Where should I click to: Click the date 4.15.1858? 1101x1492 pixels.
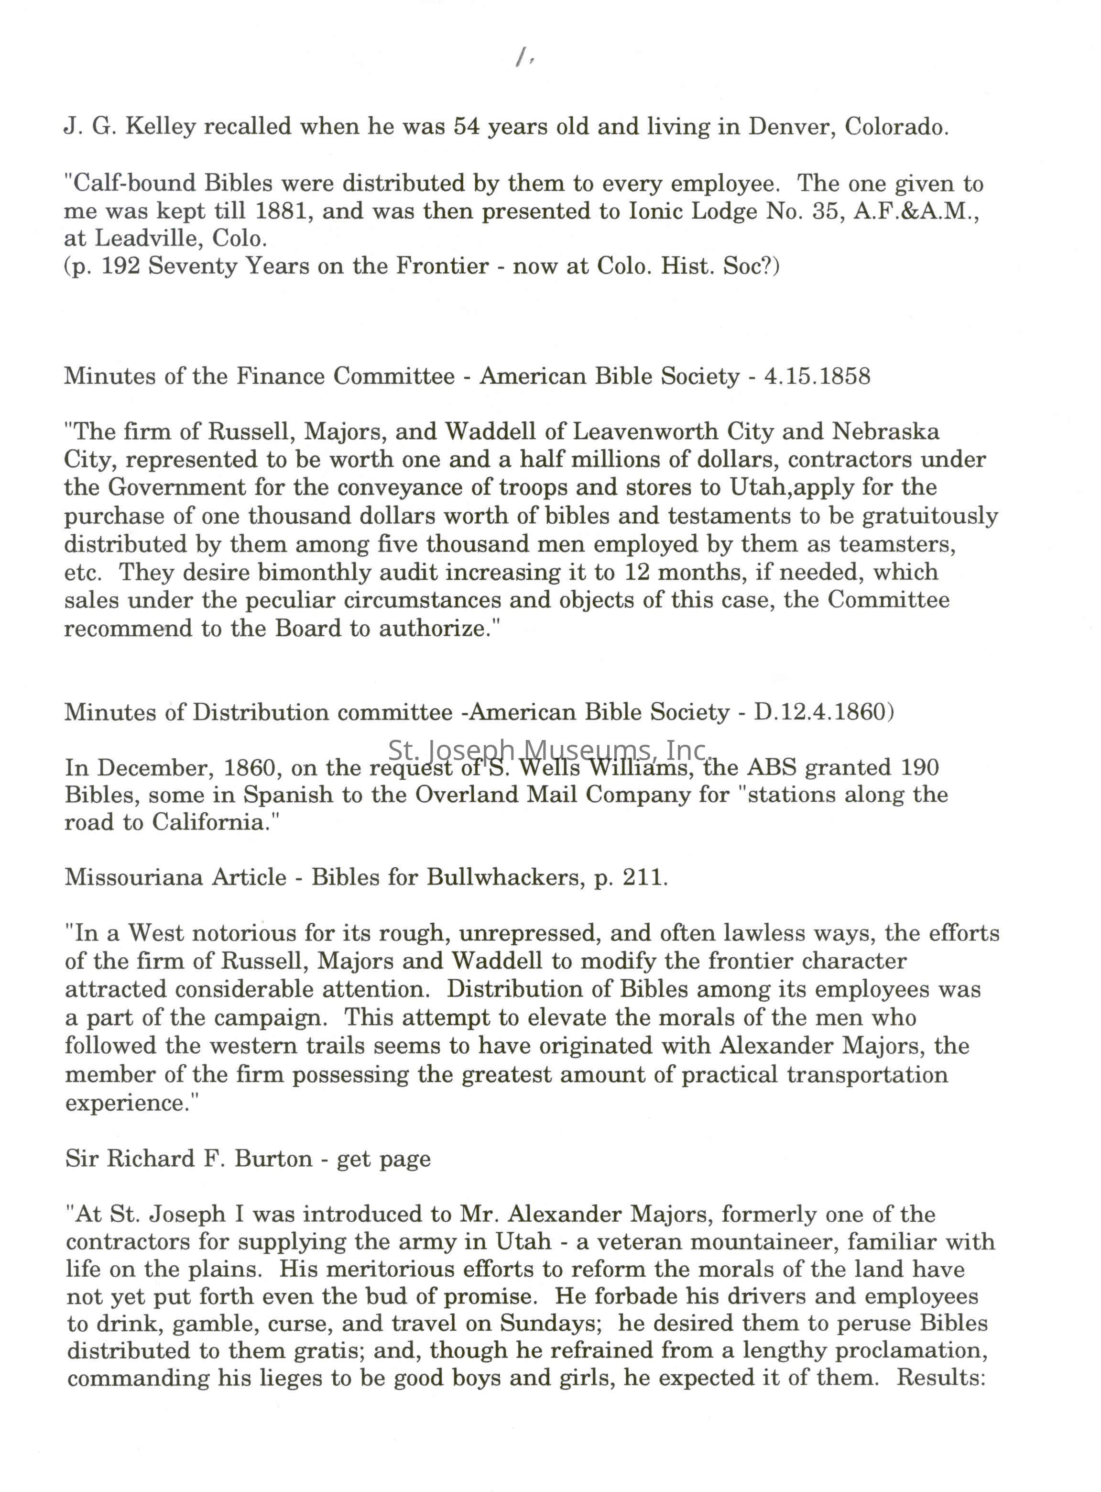click(817, 376)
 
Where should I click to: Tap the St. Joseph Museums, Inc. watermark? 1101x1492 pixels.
click(546, 751)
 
